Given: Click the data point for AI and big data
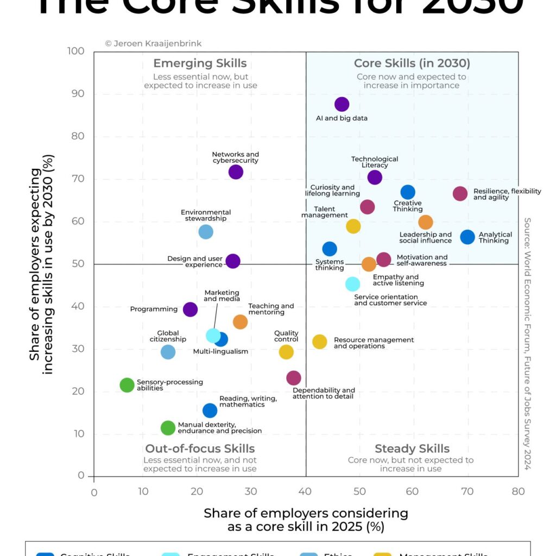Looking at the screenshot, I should (x=342, y=104).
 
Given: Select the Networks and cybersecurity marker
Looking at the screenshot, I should (x=236, y=172).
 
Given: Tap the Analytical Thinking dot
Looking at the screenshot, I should (x=467, y=237).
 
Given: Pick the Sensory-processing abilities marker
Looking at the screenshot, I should (x=127, y=385).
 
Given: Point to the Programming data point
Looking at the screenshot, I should (x=190, y=309).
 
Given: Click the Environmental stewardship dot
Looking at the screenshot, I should (x=206, y=232).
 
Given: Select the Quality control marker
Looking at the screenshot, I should (x=286, y=352).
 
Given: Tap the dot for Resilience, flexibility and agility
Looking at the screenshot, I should (x=460, y=194).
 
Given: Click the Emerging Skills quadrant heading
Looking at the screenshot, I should (x=200, y=64).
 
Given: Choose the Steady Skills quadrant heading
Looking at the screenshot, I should (x=412, y=449).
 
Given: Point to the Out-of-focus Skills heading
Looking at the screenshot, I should (x=200, y=449).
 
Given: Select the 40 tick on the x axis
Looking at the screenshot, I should (x=306, y=492).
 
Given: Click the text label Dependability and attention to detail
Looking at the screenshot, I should (x=324, y=394).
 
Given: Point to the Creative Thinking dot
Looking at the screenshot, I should (x=408, y=192).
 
